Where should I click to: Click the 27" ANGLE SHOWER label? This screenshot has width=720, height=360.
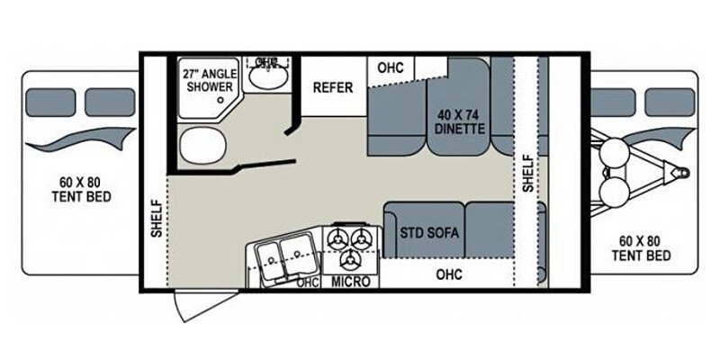(209, 80)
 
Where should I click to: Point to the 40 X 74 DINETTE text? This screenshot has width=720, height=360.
(463, 121)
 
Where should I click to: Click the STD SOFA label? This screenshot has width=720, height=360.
(429, 232)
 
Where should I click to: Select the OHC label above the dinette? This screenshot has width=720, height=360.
(390, 68)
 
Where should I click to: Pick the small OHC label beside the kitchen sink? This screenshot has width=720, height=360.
(308, 282)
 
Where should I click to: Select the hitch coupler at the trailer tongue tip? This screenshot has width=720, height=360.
(684, 171)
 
